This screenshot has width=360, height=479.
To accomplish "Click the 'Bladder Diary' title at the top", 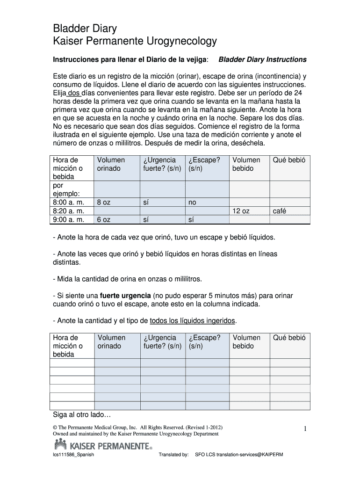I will (85, 29).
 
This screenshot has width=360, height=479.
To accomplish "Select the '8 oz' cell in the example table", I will (103, 203).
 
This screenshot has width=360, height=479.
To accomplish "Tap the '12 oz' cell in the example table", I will (241, 211).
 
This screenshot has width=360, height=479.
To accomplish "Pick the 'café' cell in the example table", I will (280, 211).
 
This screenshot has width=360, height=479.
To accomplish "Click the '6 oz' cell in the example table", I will (103, 220).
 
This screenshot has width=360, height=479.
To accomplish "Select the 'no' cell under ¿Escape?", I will (192, 203).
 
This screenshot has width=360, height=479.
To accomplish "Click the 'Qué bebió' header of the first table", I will (289, 160).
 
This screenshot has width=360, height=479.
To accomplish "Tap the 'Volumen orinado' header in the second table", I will (111, 341).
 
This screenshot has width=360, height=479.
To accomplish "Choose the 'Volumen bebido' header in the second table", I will (246, 341).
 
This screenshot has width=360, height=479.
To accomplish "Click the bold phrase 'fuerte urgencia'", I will (125, 296).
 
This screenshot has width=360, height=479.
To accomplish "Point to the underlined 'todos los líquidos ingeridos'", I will (193, 320).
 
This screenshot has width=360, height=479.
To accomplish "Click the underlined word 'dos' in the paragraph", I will (74, 93).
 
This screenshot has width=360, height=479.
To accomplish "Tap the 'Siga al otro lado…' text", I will (81, 415).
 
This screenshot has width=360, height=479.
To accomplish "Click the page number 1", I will (304, 429).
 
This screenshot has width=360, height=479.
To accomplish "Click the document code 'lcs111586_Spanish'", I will (74, 455).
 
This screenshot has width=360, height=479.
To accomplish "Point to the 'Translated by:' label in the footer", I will (173, 455).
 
